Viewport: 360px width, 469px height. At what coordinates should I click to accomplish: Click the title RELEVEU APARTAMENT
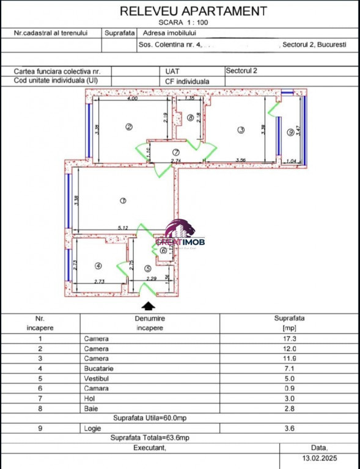[x=193, y=10]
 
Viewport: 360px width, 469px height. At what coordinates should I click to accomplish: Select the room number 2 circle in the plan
[x=129, y=127]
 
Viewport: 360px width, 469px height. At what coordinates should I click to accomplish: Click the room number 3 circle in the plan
[x=241, y=129]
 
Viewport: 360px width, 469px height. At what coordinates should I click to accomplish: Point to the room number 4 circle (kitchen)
[x=98, y=266]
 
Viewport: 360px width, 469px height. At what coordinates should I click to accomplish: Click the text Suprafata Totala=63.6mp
[x=150, y=438]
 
